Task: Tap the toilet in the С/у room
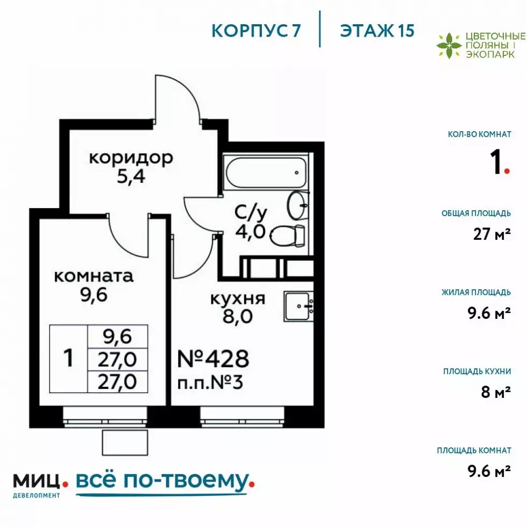287,236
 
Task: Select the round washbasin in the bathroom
298,205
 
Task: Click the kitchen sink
299,306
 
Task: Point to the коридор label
131,158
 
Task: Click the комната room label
94,276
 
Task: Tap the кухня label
238,298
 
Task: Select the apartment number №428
213,359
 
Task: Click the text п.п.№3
210,382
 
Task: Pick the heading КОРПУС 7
256,31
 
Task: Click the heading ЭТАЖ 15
377,31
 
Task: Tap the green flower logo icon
448,46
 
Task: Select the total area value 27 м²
492,234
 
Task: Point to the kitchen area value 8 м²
496,391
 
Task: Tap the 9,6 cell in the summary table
117,337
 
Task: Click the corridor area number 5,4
131,176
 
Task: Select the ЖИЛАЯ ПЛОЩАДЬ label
476,292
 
